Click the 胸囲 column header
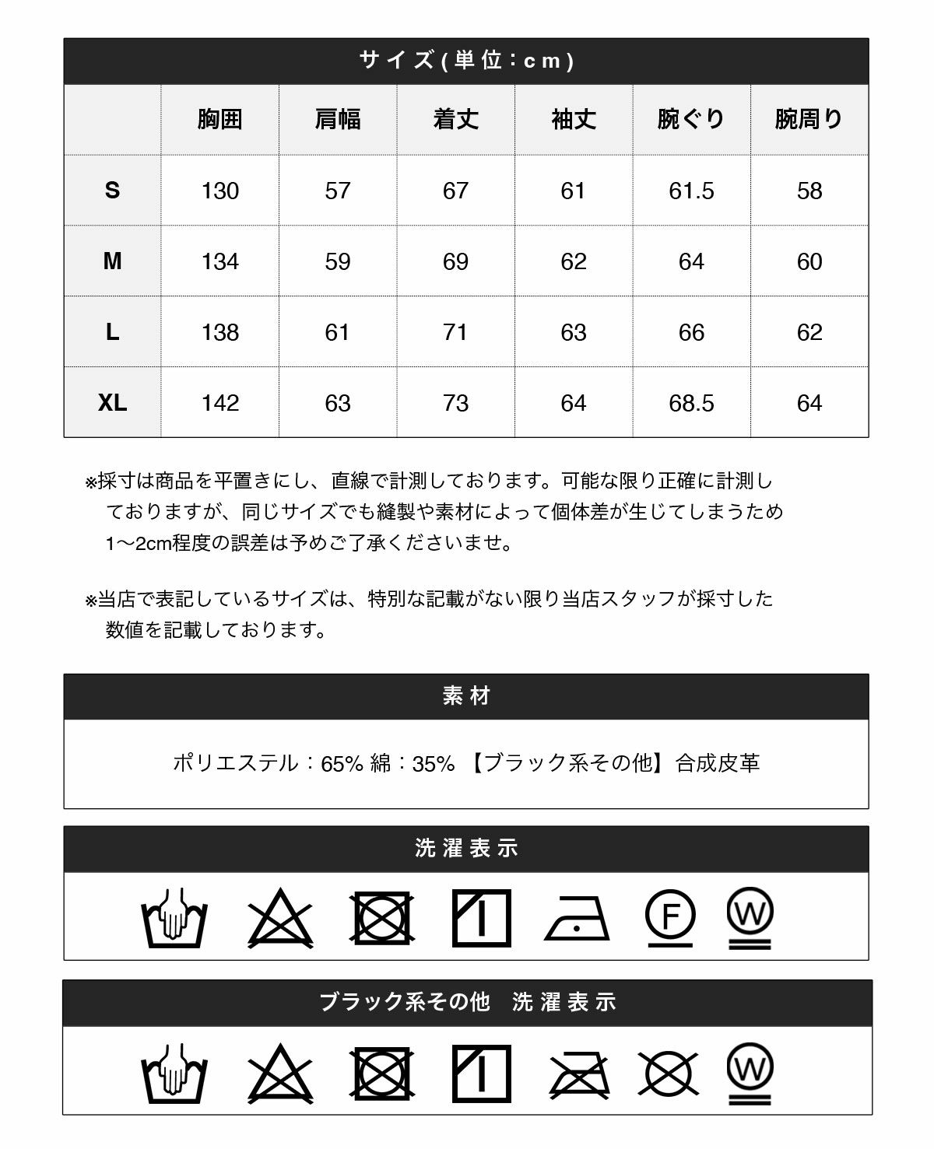click(219, 119)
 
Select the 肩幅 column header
click(338, 119)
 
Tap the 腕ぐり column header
click(691, 119)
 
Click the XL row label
click(112, 403)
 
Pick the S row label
click(112, 191)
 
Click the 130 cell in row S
click(219, 191)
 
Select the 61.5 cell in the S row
click(691, 191)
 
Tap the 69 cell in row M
click(455, 261)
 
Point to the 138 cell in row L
click(219, 332)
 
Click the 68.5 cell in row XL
click(691, 403)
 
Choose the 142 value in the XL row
click(219, 403)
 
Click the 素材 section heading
click(466, 696)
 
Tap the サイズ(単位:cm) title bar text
click(466, 61)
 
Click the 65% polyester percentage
click(342, 763)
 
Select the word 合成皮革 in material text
click(718, 763)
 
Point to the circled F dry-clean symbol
click(670, 916)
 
